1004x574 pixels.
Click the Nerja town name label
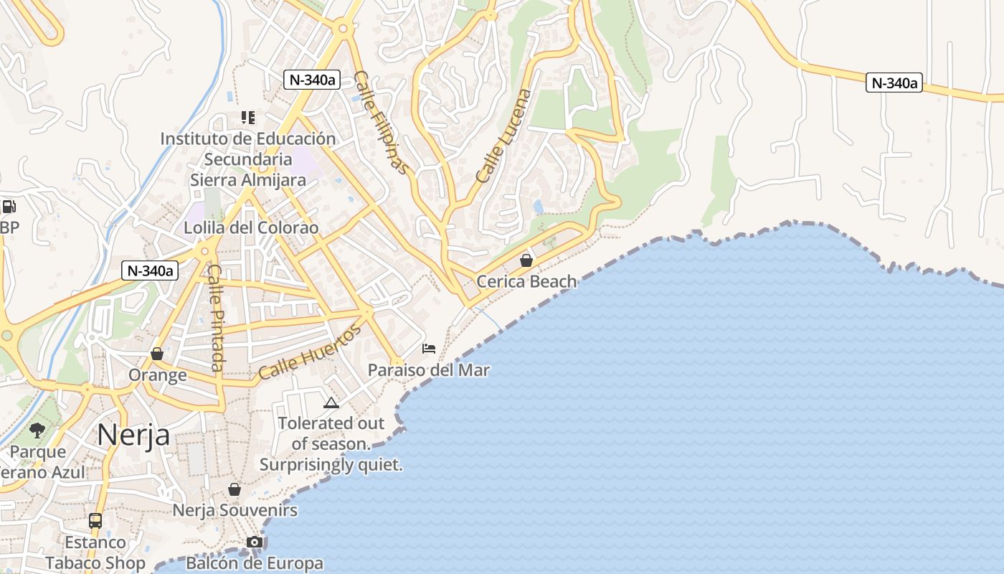(133, 434)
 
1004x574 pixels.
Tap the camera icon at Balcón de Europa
(255, 542)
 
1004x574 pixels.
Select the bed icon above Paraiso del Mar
(429, 349)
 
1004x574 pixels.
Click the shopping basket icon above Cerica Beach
(526, 260)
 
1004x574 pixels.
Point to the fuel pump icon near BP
(9, 207)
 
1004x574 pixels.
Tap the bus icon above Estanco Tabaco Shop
(95, 520)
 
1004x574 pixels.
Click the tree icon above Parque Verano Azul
(37, 430)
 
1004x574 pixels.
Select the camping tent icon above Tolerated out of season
(331, 403)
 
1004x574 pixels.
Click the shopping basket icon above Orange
(157, 354)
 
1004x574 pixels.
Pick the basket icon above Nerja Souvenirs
(235, 489)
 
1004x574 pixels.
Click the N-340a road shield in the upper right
(894, 83)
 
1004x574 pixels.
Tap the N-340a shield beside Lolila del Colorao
(149, 270)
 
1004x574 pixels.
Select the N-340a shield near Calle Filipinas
(311, 80)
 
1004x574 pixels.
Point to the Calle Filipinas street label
(380, 123)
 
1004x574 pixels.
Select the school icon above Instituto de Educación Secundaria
(248, 117)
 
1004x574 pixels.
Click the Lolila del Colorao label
(251, 227)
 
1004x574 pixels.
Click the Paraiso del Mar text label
(429, 370)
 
